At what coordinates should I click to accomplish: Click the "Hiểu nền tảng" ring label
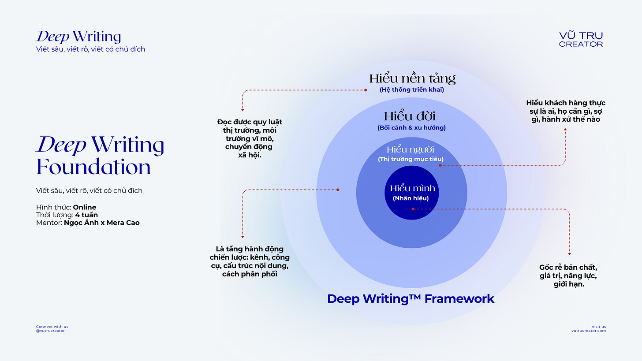[412, 79]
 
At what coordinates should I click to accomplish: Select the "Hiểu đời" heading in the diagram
[410, 116]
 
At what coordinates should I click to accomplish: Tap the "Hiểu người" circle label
[411, 149]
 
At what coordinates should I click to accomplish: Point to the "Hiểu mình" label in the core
[412, 189]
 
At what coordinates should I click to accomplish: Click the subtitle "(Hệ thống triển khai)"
[412, 90]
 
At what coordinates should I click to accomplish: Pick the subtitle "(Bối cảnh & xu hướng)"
[411, 128]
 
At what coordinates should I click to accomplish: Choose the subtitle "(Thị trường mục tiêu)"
[411, 159]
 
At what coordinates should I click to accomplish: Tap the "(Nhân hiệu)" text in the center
[411, 198]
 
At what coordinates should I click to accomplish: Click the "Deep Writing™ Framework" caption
[411, 299]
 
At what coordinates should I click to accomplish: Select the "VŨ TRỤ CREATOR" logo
[581, 39]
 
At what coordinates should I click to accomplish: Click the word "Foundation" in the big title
[93, 167]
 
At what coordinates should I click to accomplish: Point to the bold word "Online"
[85, 207]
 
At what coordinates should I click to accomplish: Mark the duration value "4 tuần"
[86, 215]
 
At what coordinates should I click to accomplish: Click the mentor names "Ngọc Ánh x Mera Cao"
[101, 223]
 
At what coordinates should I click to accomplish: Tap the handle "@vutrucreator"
[50, 331]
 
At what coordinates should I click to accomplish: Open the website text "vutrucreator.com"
[588, 331]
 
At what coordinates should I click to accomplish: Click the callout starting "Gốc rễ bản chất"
[568, 276]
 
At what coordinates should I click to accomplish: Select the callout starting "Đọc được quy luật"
[249, 138]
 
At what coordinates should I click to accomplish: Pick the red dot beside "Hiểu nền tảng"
[366, 90]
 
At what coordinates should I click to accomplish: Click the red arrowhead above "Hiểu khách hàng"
[565, 129]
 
